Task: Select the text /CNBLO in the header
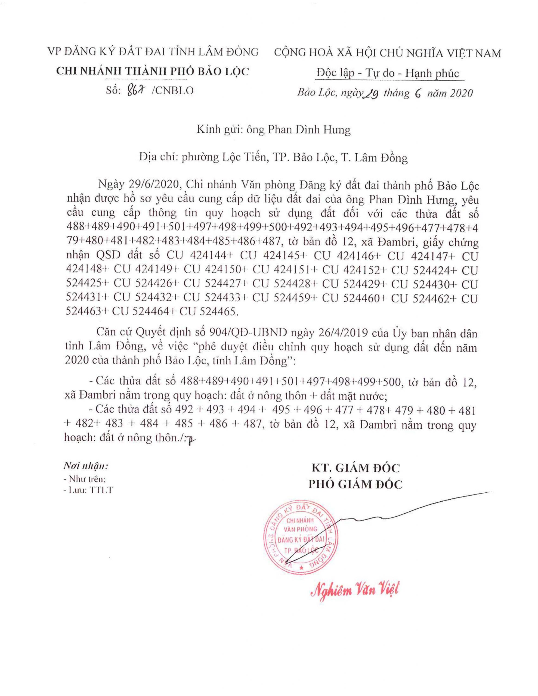(173, 91)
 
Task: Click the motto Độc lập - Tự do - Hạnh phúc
(388, 74)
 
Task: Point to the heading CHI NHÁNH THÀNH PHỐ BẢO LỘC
(152, 72)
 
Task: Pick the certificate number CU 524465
(209, 312)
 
